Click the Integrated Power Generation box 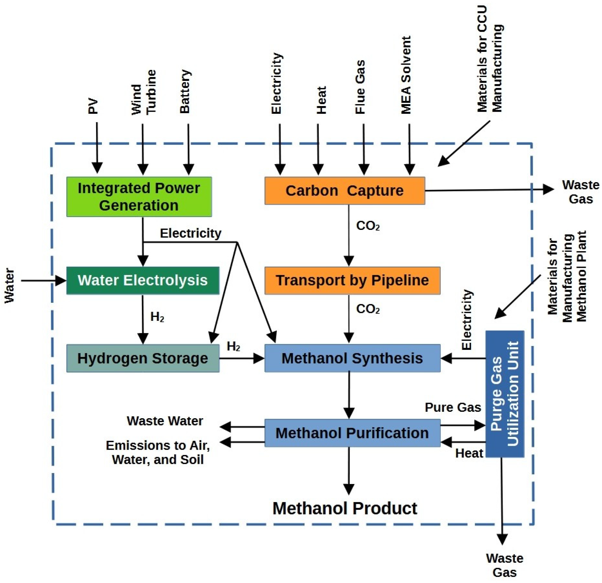pos(139,197)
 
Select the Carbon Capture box pos(345,191)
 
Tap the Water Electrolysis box pos(143,281)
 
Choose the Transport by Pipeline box pos(353,281)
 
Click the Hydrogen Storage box pos(143,358)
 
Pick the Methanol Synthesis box pos(353,358)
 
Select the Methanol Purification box pos(353,433)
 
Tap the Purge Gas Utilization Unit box pos(505,394)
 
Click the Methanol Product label pos(345,508)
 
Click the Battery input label pos(185,92)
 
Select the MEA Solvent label pos(406,75)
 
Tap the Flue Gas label pos(360,87)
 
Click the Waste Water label pos(165,421)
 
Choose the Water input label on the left pos(9,286)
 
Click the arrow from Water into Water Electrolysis pos(44,281)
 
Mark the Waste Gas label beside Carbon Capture pos(580,192)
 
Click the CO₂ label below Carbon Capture pos(368,226)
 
